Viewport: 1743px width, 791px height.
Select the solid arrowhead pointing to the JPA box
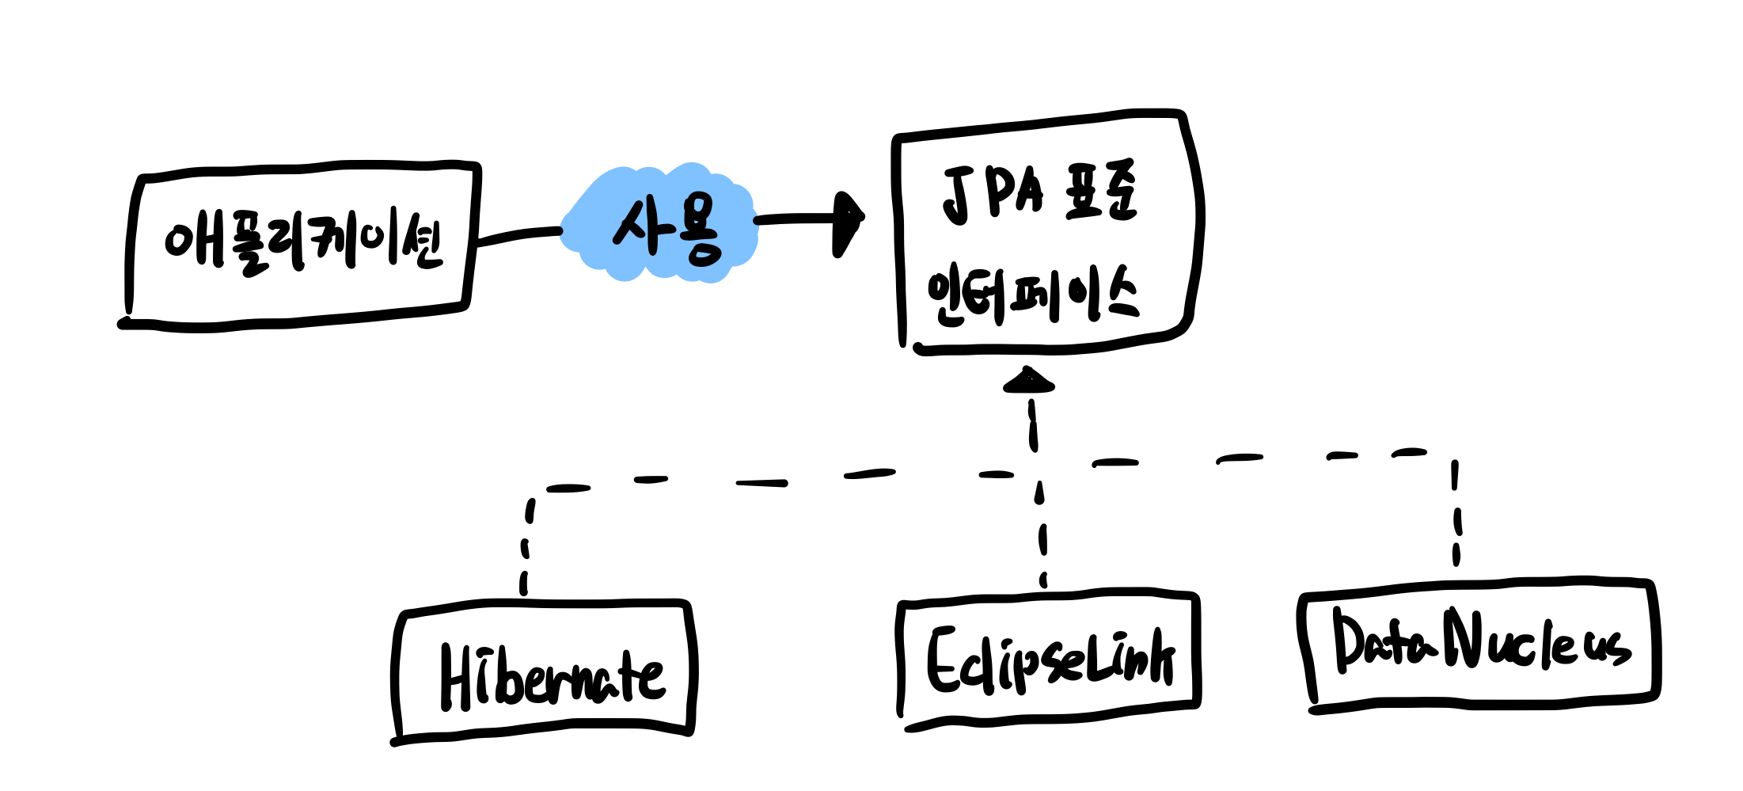849,222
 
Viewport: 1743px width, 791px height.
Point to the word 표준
1101,192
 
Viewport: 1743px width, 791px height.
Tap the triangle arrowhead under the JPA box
1028,381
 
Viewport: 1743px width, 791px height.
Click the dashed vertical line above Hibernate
525,546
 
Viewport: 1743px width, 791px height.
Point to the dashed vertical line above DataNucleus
1456,515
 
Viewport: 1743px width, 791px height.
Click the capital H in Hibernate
458,677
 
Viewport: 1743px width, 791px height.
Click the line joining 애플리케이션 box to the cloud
518,234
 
